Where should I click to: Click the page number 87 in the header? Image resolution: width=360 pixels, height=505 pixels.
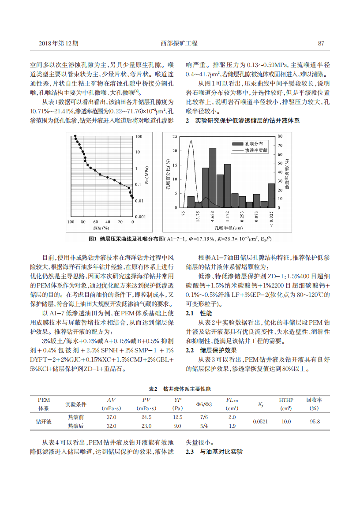point(321,43)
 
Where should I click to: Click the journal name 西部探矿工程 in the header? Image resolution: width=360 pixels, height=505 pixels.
point(180,43)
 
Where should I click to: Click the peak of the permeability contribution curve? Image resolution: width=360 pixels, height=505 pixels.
point(191,141)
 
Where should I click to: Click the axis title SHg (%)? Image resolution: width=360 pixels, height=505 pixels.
point(101,228)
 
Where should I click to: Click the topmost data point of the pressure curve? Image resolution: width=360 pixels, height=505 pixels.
point(75,136)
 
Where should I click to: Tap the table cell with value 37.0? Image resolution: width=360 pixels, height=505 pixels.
point(112,417)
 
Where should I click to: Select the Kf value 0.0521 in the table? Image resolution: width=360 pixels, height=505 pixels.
point(260,421)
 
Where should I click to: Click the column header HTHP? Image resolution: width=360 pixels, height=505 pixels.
point(286,400)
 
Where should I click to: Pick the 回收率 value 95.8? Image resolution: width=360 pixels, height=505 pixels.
point(315,421)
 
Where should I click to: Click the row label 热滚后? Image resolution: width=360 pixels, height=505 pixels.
point(75,426)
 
